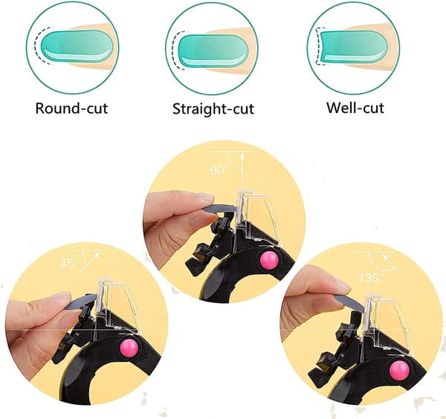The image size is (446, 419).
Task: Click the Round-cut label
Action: click(x=71, y=108)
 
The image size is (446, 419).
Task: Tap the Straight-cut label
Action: click(x=213, y=109)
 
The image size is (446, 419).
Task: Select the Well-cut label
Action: click(x=355, y=108)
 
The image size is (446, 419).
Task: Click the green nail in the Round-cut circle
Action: click(x=77, y=47)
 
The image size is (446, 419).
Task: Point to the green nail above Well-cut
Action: click(x=355, y=47)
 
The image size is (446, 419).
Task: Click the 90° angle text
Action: click(x=219, y=170)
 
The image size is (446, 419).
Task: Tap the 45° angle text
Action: click(x=68, y=263)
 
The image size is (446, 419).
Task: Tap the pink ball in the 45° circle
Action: click(x=131, y=348)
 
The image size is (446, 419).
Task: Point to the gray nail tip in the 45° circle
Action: click(x=83, y=300)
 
